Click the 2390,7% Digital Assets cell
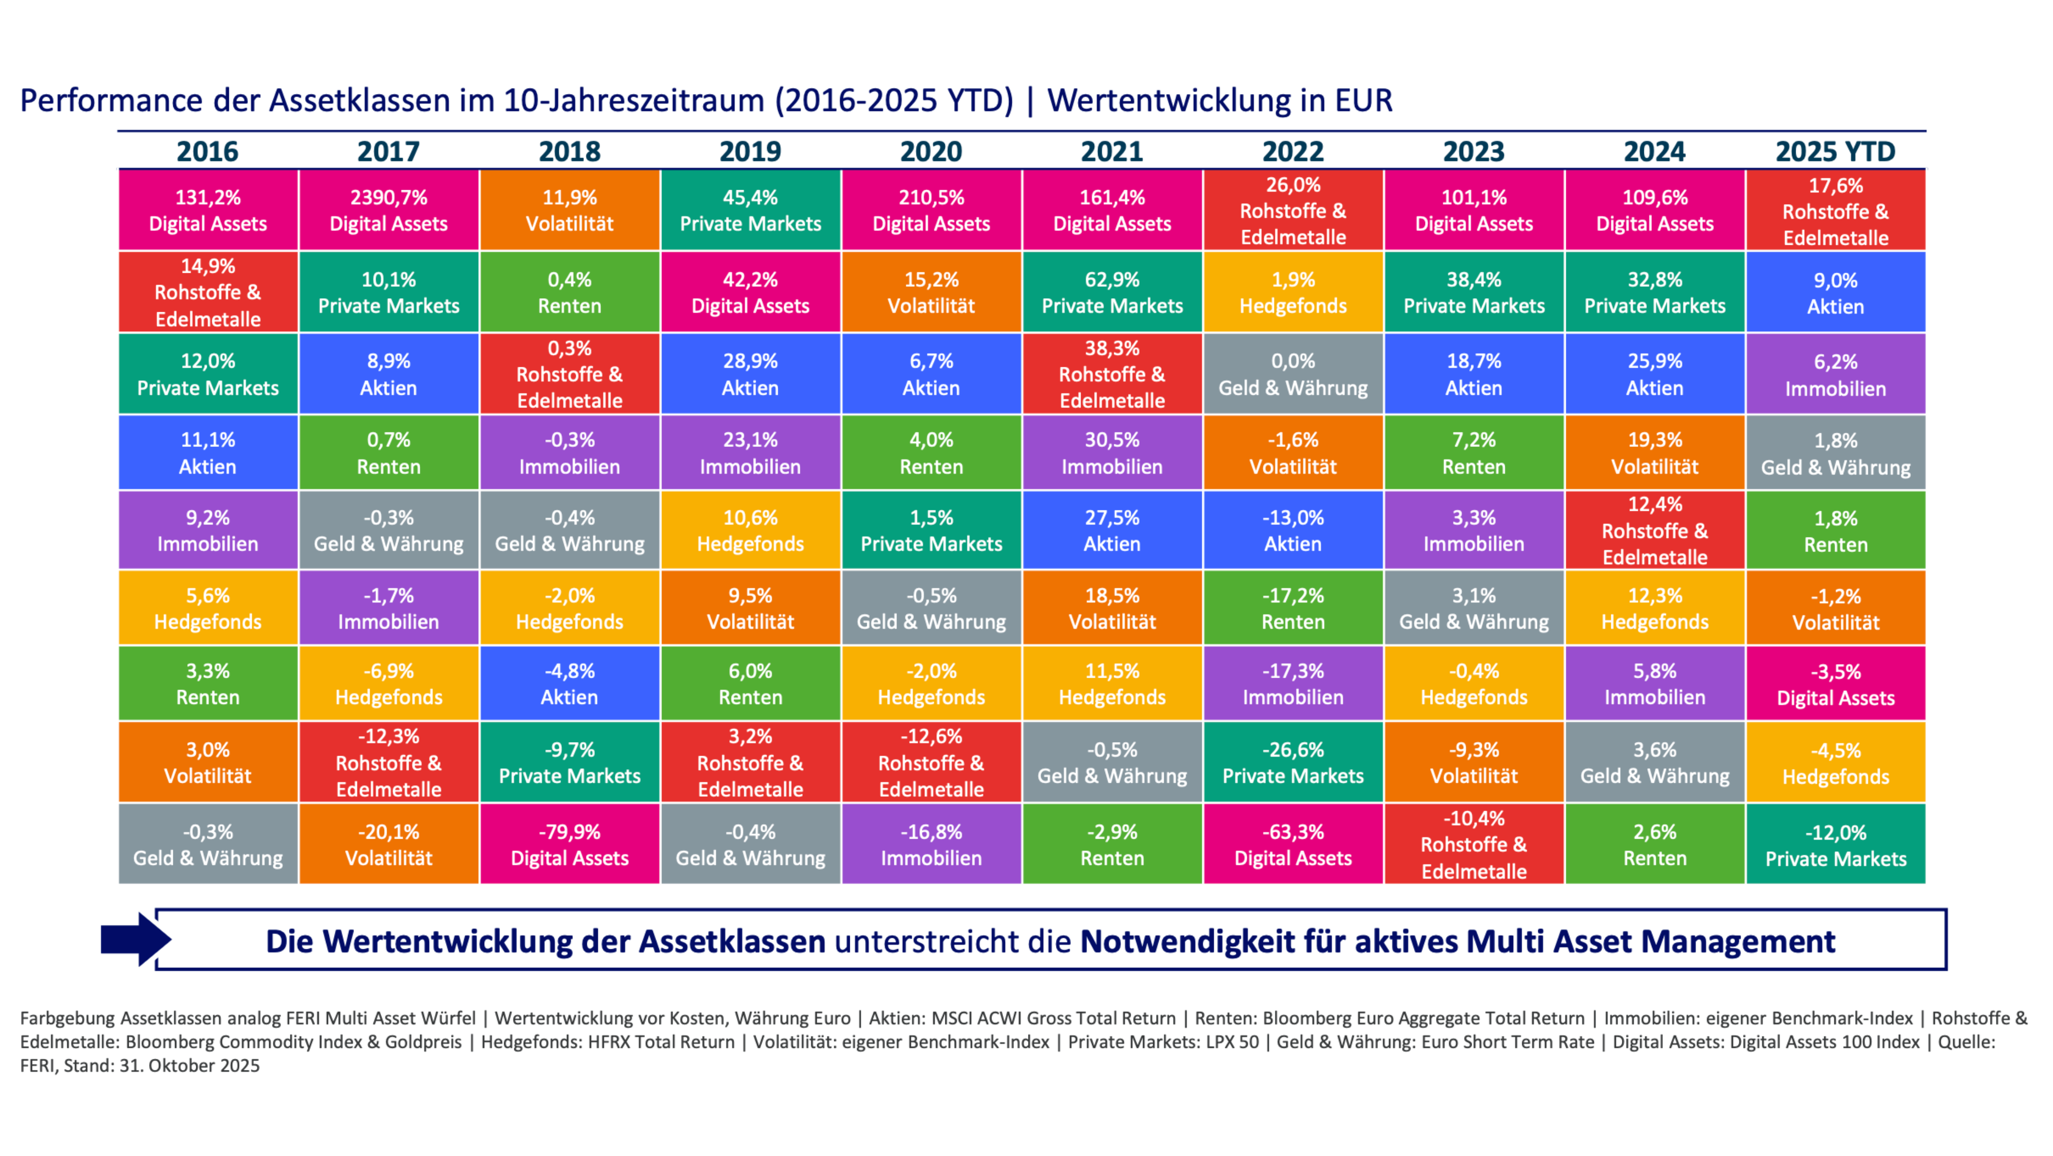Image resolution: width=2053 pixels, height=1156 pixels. (x=388, y=210)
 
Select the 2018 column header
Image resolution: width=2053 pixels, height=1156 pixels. (x=569, y=151)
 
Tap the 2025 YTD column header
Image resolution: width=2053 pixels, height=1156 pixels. (x=1835, y=151)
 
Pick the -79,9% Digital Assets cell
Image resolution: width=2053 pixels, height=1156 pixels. (x=569, y=845)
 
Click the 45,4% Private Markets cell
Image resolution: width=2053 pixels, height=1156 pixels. (x=750, y=210)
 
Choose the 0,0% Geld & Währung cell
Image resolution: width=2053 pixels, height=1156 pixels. (x=1293, y=374)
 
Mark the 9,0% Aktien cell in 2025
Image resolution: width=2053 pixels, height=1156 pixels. (x=1835, y=293)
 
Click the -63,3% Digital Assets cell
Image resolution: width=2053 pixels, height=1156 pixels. (x=1293, y=845)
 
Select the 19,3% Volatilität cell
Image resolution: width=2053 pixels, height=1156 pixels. (x=1654, y=452)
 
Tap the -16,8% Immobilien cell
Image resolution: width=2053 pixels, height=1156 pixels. (x=931, y=845)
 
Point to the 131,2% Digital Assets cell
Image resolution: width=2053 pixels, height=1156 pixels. (x=207, y=210)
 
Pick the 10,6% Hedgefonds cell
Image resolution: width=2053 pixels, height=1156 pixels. (x=750, y=530)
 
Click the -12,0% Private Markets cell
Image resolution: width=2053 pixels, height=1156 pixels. (x=1835, y=845)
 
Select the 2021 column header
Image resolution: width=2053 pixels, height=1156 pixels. (x=1112, y=151)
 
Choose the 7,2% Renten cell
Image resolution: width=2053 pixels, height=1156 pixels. (x=1474, y=452)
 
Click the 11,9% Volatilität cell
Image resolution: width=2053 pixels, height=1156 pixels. (x=569, y=210)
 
